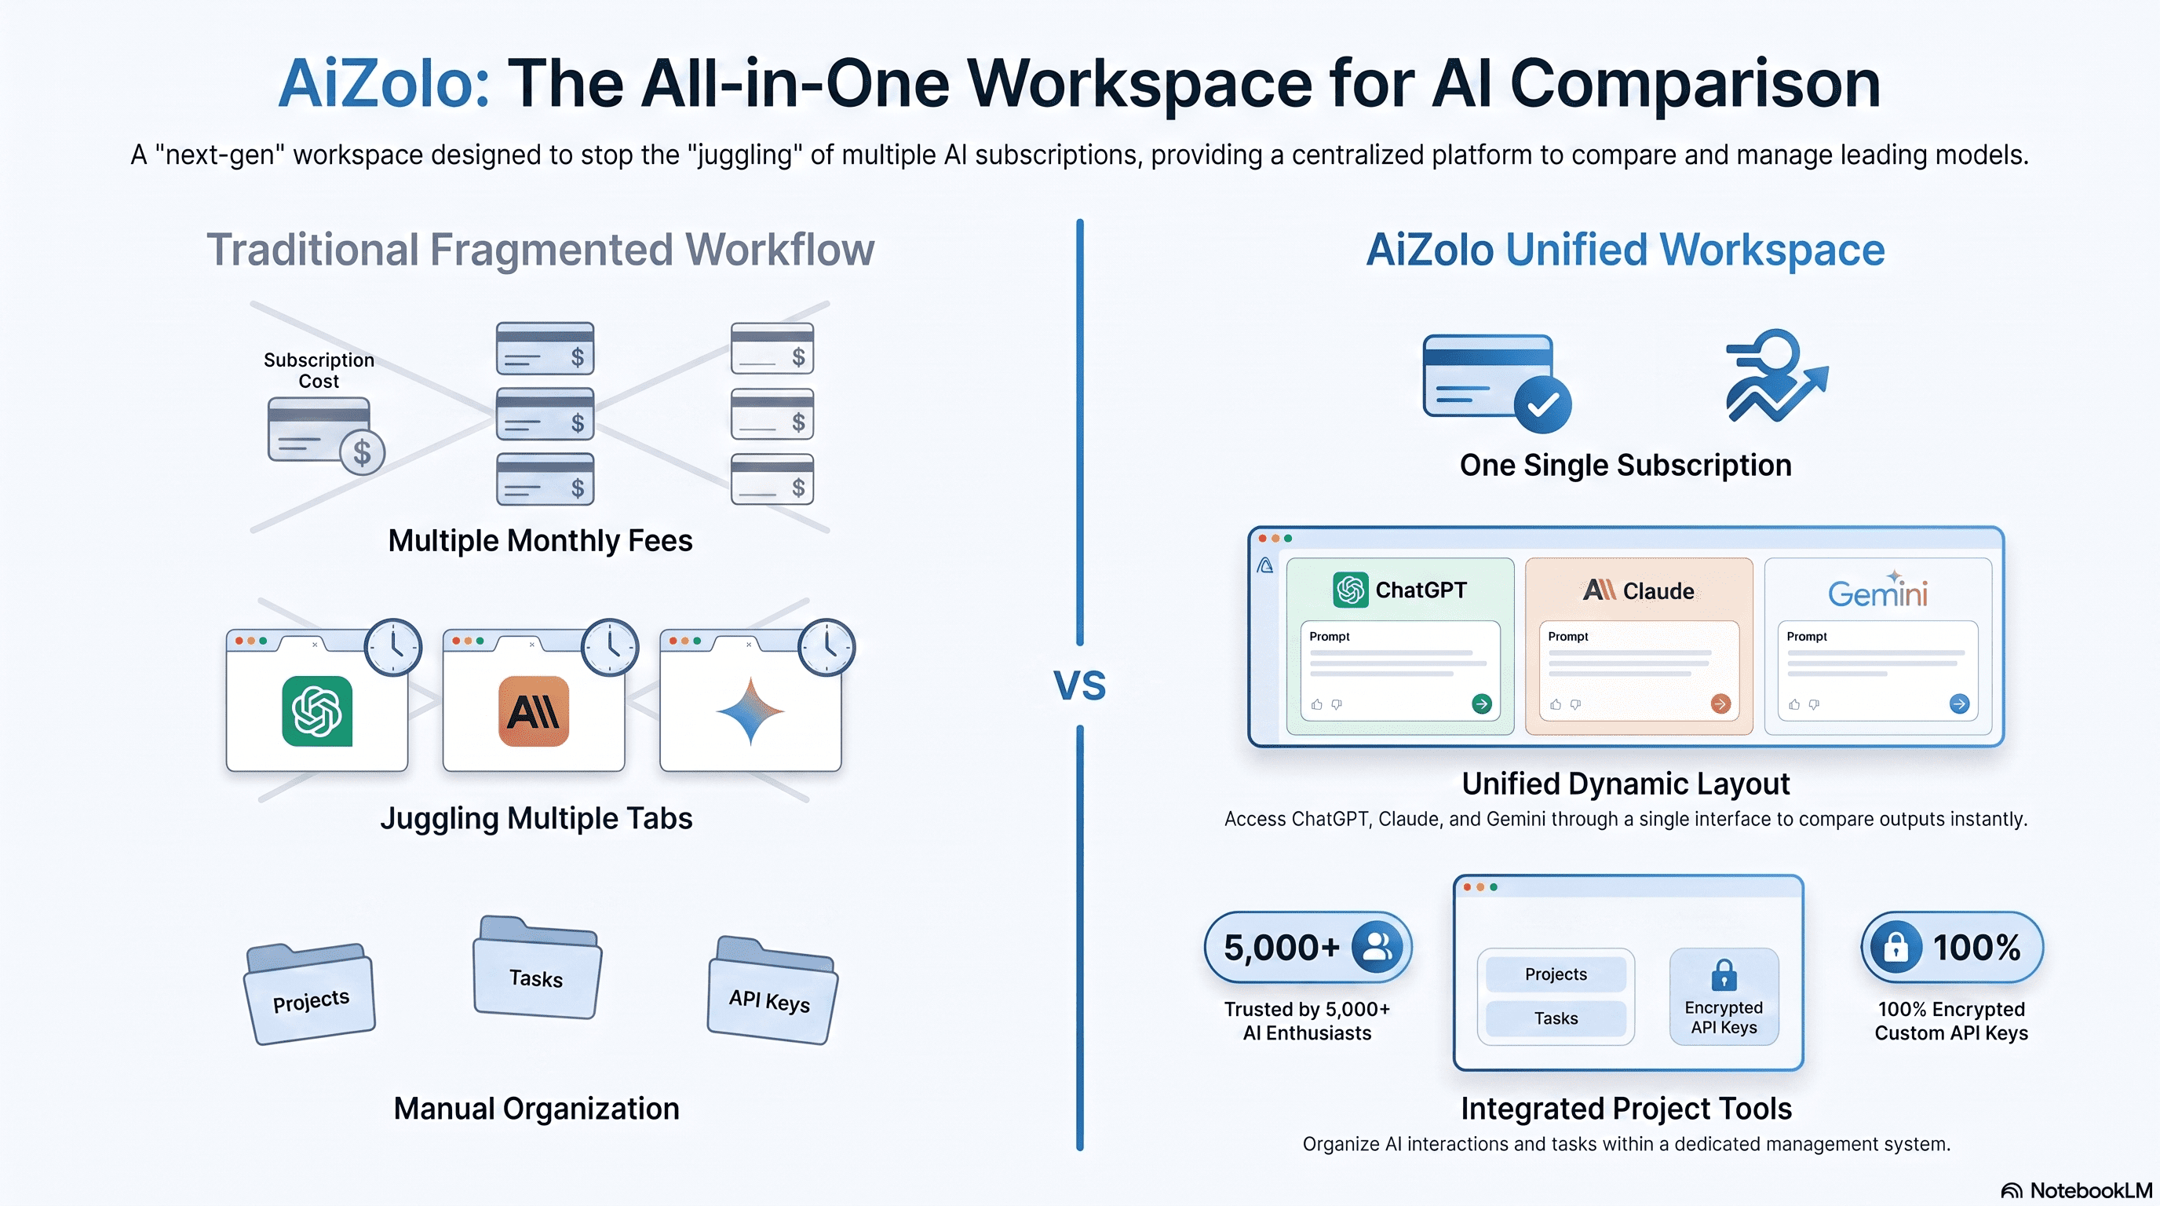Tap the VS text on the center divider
[x=1080, y=685]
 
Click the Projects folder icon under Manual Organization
[x=309, y=994]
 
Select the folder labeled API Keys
[x=772, y=989]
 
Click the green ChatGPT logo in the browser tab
[x=317, y=711]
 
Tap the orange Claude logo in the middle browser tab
[x=533, y=711]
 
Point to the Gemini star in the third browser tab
[x=750, y=711]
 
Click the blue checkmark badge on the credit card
[x=1542, y=405]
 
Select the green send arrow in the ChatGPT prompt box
[x=1482, y=703]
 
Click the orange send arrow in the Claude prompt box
[x=1720, y=703]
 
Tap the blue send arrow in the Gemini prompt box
[x=1960, y=703]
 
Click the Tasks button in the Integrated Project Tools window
[x=1556, y=1018]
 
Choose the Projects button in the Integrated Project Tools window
[x=1556, y=974]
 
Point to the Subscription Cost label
[x=319, y=371]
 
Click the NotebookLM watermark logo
[x=2012, y=1191]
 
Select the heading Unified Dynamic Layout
[x=1625, y=784]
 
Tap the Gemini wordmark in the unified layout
[x=1877, y=591]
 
